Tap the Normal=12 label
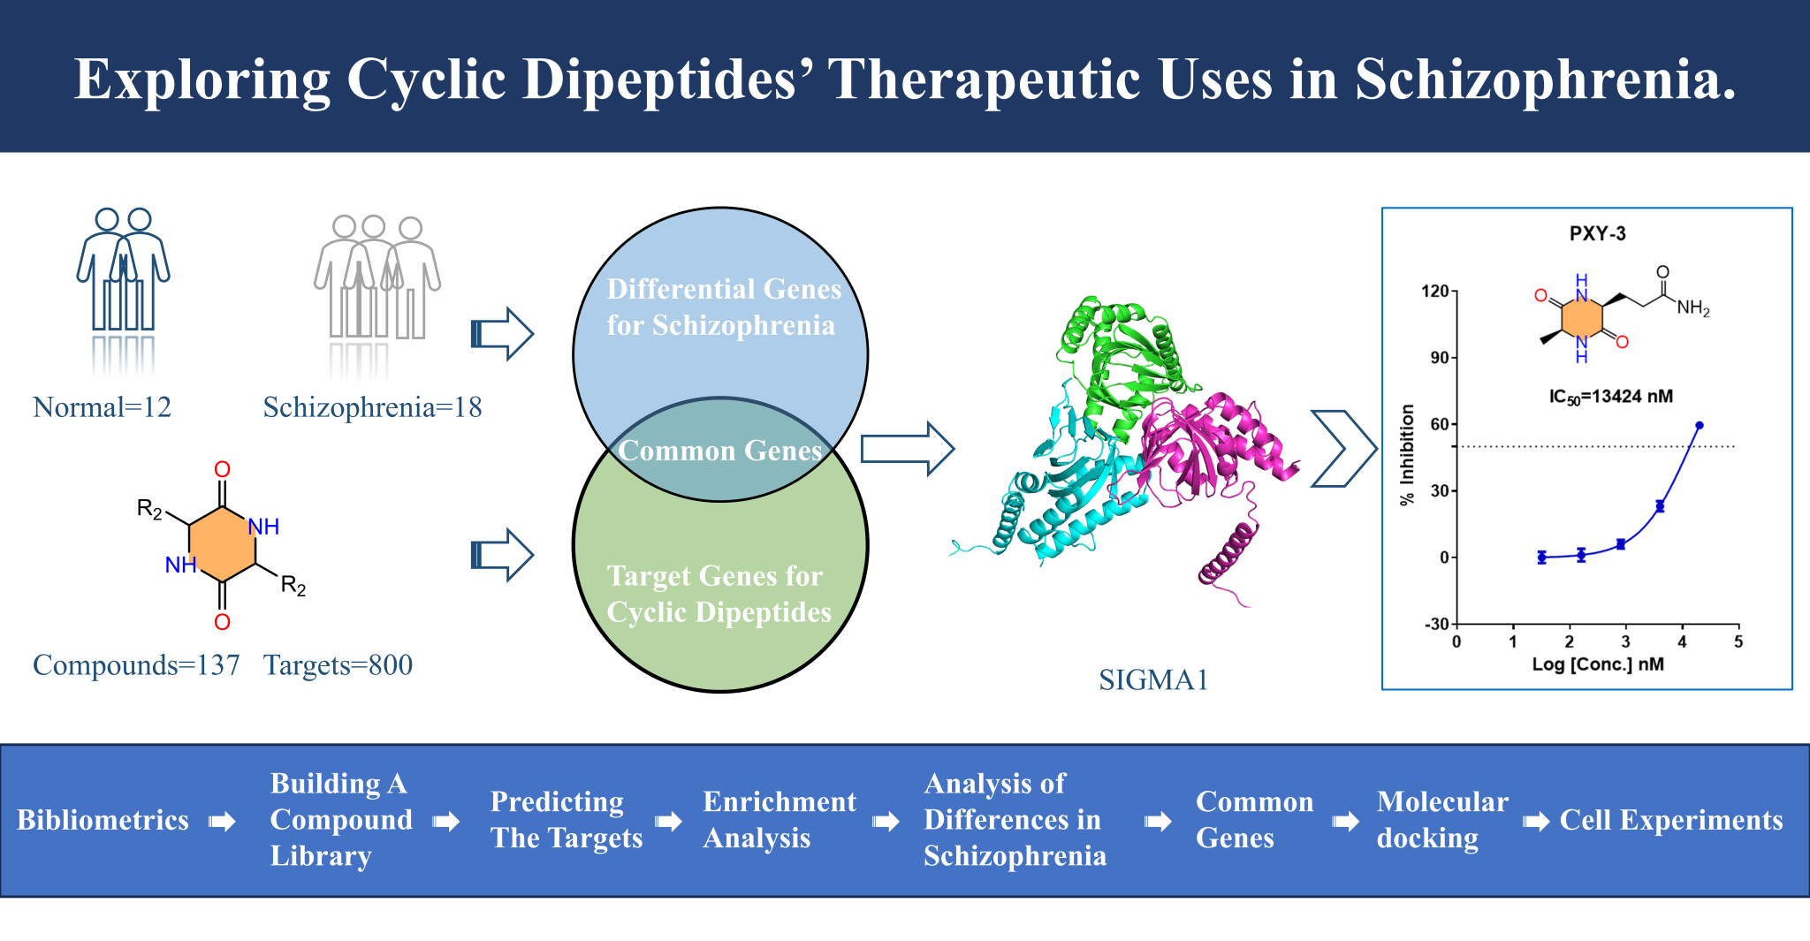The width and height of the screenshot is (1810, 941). [102, 407]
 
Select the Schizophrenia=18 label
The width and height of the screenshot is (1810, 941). [372, 407]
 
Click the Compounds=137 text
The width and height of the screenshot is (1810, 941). [136, 665]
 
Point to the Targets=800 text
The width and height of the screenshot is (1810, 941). [338, 665]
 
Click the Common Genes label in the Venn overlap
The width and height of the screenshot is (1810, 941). [720, 451]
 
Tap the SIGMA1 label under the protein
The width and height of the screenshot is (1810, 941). [1153, 679]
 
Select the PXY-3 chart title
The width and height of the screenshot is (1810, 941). [1597, 234]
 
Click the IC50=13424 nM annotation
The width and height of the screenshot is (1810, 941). [1610, 397]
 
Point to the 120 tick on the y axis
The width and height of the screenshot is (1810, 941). [1434, 292]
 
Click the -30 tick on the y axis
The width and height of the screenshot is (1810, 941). [1436, 624]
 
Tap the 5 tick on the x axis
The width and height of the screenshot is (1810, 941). [1738, 642]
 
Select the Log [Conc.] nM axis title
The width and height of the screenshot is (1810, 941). [1597, 664]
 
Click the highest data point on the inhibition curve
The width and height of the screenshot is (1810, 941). [1699, 426]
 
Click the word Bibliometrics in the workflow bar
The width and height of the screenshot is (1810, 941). [103, 820]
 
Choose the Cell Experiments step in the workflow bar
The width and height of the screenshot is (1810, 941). [1670, 820]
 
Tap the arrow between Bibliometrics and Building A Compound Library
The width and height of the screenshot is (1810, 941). [222, 822]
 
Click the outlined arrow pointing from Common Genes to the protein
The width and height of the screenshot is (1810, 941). [907, 449]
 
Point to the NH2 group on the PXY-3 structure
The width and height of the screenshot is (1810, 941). [1692, 307]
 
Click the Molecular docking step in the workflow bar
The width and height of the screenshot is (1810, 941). [1441, 820]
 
